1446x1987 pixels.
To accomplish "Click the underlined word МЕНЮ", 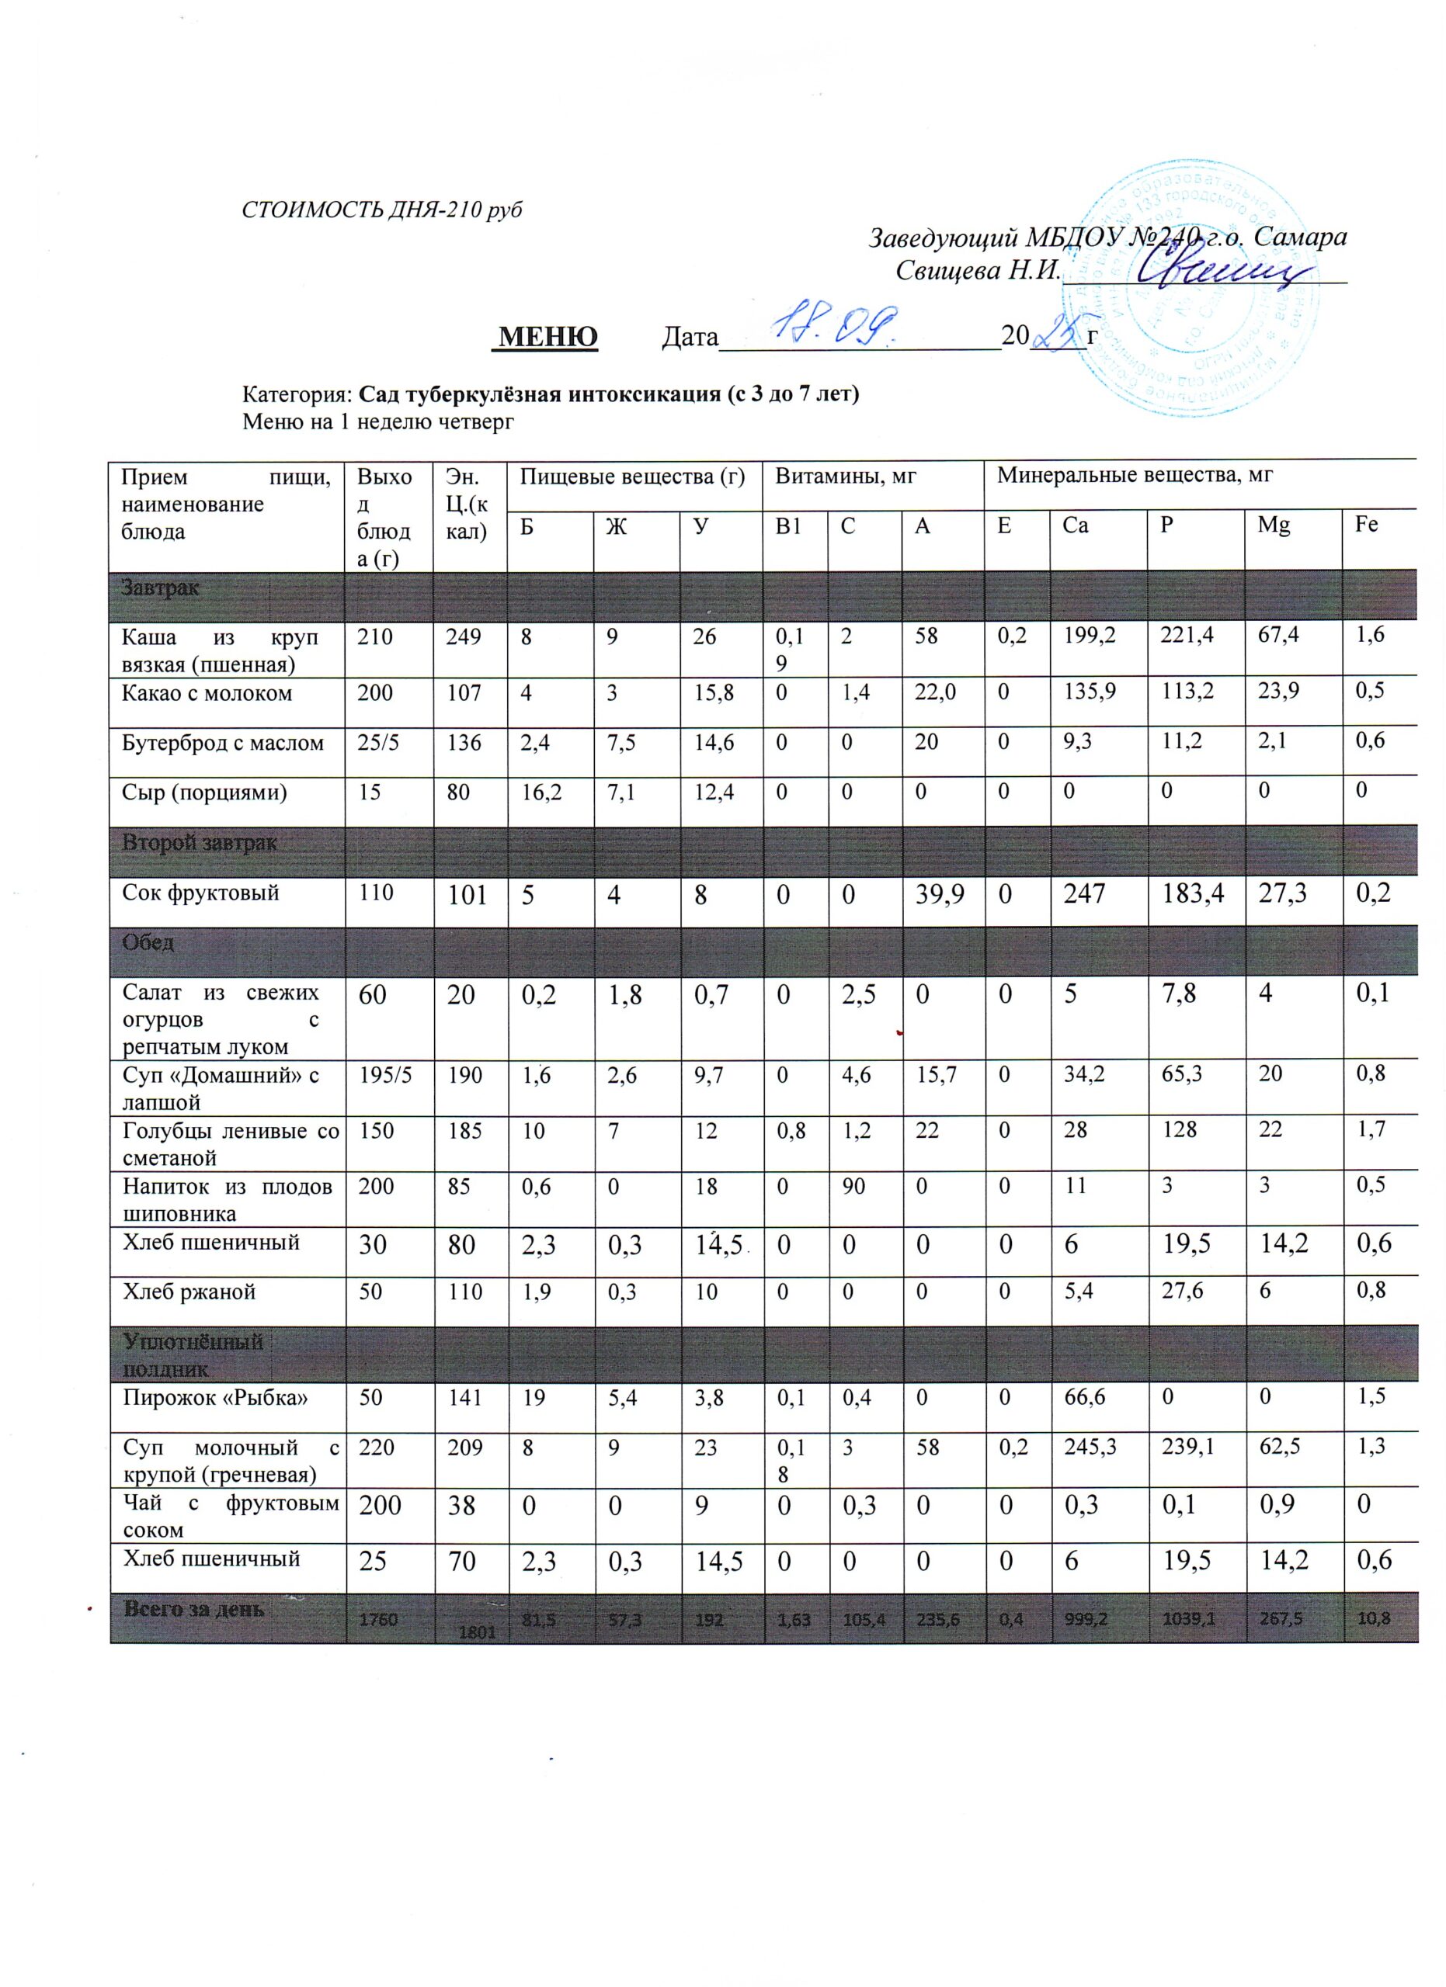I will click(x=547, y=336).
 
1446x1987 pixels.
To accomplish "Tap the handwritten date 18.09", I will click(x=839, y=325).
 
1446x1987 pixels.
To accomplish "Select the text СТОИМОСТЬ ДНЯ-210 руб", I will click(x=382, y=210).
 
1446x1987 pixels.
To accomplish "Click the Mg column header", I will click(x=1274, y=525).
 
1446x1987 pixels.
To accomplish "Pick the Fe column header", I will click(x=1366, y=525).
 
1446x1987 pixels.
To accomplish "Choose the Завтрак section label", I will click(x=161, y=588).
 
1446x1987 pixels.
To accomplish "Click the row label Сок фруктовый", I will click(x=200, y=893).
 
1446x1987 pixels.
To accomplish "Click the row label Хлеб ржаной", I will click(x=189, y=1292).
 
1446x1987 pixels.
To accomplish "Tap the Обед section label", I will click(x=148, y=943).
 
